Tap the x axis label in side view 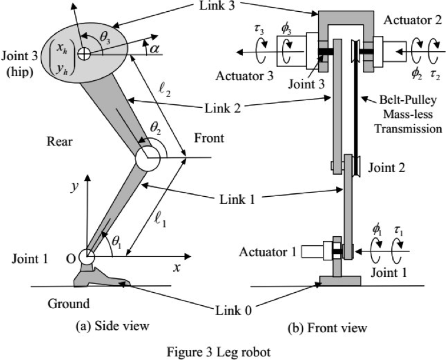pos(176,266)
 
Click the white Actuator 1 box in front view pos(313,252)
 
